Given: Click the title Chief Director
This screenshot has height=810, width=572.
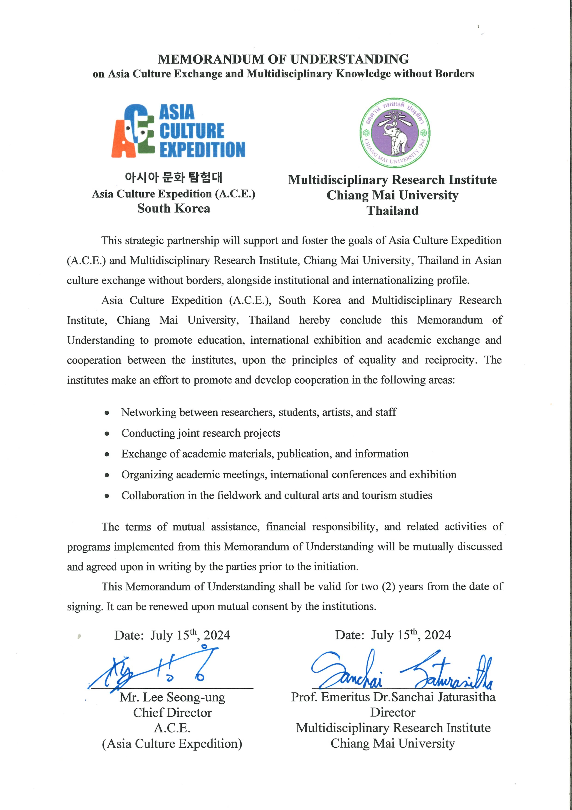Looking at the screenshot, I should [172, 713].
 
